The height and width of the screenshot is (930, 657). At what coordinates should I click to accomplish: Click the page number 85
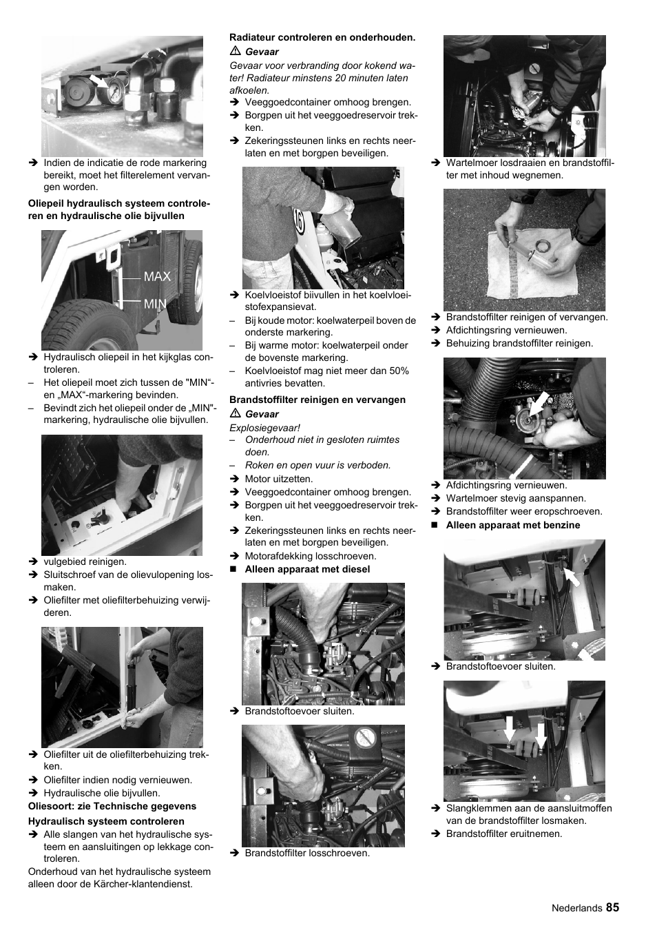(x=612, y=907)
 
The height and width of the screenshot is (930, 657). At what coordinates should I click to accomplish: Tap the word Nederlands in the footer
(x=576, y=908)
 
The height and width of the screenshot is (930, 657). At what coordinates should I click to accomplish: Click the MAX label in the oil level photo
(x=157, y=276)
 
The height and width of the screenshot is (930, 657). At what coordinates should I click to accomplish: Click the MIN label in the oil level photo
(x=155, y=303)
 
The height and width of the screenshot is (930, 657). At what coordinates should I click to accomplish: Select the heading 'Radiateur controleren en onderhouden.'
(x=322, y=38)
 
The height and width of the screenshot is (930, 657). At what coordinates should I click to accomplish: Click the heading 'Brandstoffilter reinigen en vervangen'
(x=317, y=400)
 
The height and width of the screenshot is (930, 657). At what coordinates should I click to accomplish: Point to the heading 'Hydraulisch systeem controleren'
(x=106, y=821)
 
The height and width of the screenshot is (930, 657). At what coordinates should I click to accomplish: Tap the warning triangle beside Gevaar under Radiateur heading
(x=234, y=52)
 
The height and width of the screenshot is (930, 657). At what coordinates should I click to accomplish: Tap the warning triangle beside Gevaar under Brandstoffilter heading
(x=234, y=414)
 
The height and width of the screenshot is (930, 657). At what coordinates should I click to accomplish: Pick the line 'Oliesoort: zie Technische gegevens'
(x=112, y=806)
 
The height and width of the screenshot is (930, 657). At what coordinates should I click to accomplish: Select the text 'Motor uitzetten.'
(x=278, y=479)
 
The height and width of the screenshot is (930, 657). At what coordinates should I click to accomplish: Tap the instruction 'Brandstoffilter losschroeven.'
(x=307, y=853)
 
